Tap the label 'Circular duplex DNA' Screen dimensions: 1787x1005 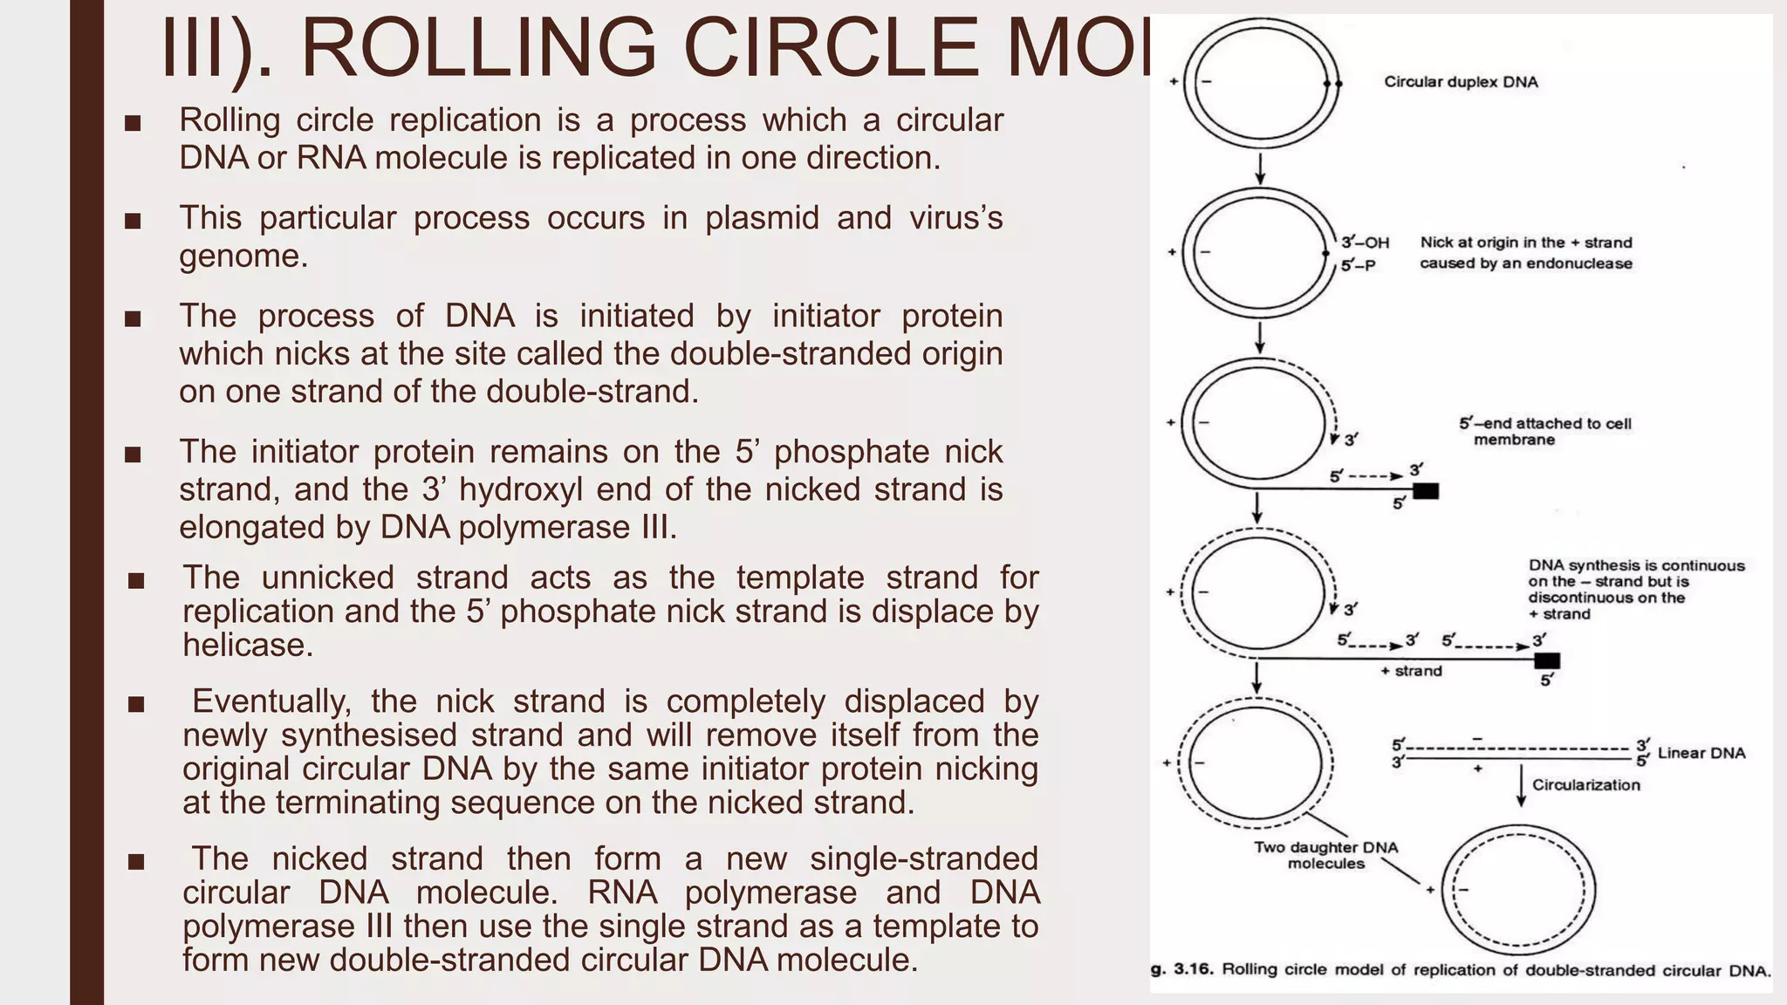click(1461, 82)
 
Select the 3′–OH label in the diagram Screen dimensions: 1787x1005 click(1366, 243)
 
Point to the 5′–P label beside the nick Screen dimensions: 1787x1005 click(1359, 265)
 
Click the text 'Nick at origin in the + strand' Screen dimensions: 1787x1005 click(1526, 243)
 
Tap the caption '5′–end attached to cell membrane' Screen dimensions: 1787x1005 click(1544, 431)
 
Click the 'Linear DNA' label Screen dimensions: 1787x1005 click(1701, 753)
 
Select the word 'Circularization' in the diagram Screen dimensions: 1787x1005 click(1585, 784)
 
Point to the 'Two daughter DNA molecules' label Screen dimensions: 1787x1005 click(1325, 855)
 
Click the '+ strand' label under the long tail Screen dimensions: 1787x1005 click(1411, 671)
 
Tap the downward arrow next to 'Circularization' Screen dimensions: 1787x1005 click(1522, 785)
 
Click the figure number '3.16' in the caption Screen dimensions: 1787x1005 click(1193, 969)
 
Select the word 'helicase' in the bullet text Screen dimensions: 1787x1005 click(247, 646)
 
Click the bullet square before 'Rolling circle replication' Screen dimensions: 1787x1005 click(133, 123)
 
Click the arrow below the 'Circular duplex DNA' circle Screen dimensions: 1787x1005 click(1260, 168)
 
